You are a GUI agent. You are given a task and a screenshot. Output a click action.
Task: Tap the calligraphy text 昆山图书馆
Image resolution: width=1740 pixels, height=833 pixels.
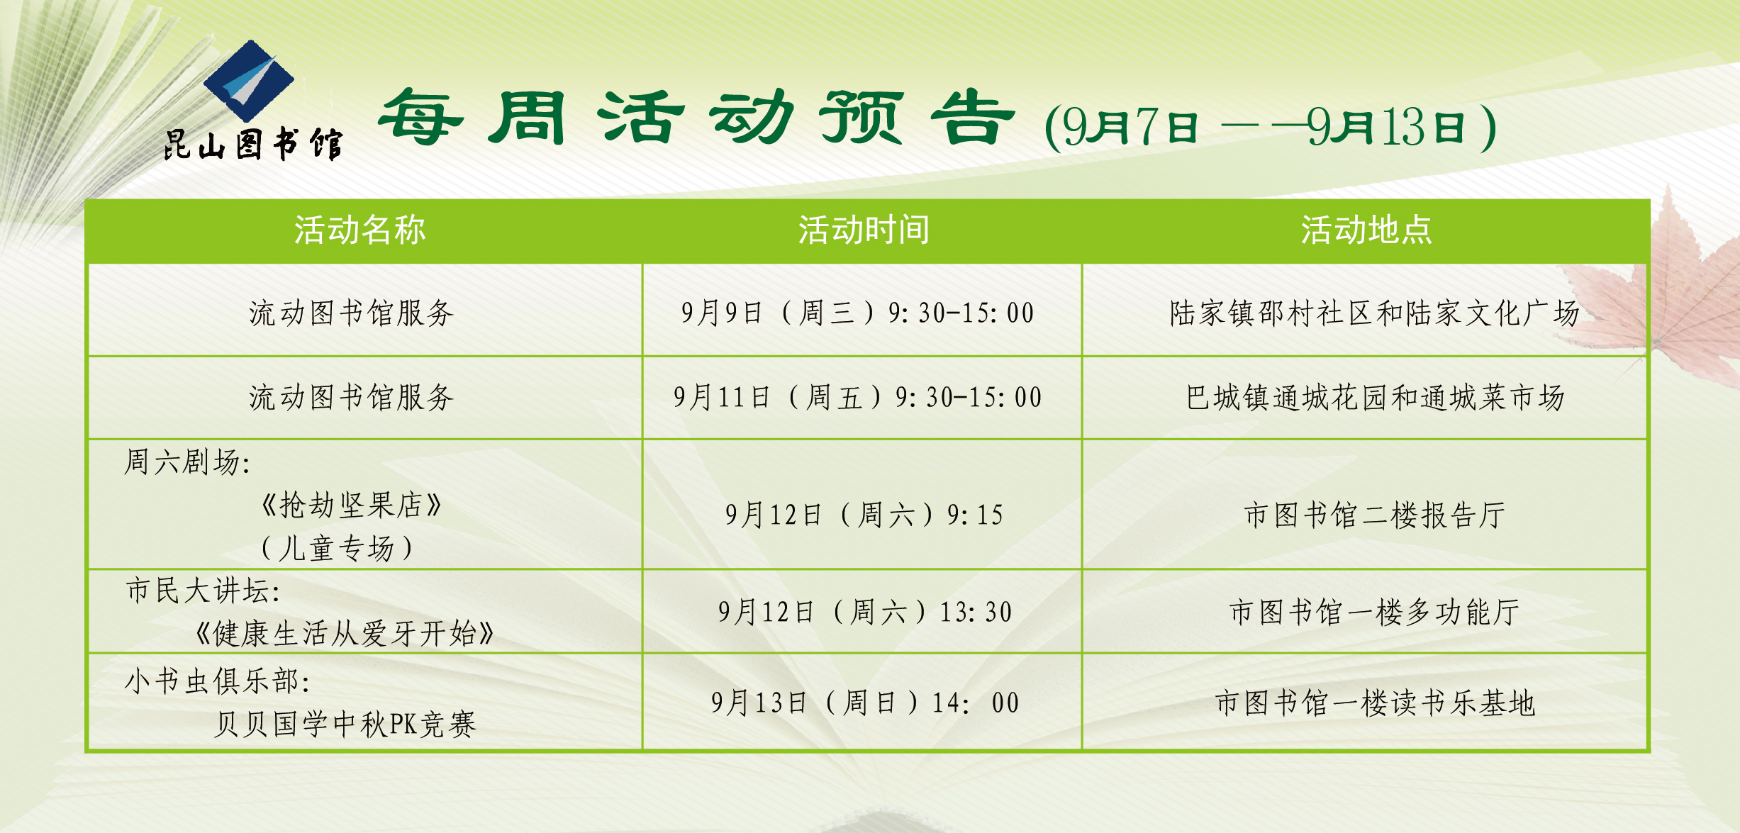253,145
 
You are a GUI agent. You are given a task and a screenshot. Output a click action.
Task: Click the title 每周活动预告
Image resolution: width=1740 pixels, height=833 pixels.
696,118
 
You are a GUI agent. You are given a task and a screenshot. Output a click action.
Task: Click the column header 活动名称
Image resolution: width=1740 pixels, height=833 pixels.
360,230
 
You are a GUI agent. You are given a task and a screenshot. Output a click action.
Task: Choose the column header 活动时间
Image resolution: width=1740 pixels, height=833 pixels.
864,230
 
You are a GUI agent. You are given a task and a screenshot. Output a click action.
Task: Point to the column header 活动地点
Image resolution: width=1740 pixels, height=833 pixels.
1366,230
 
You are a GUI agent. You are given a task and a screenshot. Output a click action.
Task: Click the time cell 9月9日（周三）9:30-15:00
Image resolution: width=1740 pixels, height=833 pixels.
858,313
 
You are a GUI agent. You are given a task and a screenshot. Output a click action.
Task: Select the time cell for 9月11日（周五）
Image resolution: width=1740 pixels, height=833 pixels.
858,397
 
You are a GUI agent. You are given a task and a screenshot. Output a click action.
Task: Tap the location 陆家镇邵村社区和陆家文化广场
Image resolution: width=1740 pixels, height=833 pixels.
1375,313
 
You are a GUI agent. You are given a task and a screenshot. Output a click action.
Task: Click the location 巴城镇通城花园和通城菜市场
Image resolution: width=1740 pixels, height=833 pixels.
1375,397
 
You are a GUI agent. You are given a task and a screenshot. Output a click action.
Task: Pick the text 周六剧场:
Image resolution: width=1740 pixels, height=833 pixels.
187,462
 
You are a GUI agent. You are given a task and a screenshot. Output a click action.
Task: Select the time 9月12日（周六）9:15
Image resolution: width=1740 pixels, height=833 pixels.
864,515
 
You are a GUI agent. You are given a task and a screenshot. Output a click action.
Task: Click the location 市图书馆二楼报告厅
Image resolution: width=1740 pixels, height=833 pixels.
1375,515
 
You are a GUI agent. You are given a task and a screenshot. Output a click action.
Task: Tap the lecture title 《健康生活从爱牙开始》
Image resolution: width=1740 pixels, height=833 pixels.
344,634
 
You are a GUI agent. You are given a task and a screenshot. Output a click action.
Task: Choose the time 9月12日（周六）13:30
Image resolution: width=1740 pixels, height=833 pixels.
865,612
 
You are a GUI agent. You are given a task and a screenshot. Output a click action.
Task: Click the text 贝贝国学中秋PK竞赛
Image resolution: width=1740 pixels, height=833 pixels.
345,725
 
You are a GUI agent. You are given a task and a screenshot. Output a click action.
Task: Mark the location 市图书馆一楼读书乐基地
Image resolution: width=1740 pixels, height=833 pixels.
1375,703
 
